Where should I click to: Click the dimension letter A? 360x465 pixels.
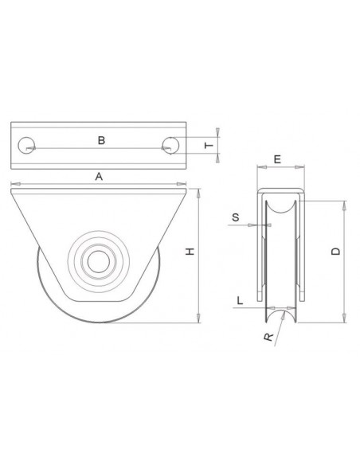tap(99, 178)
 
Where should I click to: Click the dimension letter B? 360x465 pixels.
tap(100, 140)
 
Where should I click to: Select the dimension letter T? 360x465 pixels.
tap(209, 145)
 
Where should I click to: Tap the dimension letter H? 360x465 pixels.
tap(189, 252)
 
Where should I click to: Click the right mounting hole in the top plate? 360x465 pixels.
tap(169, 145)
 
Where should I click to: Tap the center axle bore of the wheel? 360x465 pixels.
tap(99, 260)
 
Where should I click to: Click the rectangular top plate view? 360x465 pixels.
tap(99, 146)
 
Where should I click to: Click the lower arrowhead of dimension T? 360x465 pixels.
tap(219, 158)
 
